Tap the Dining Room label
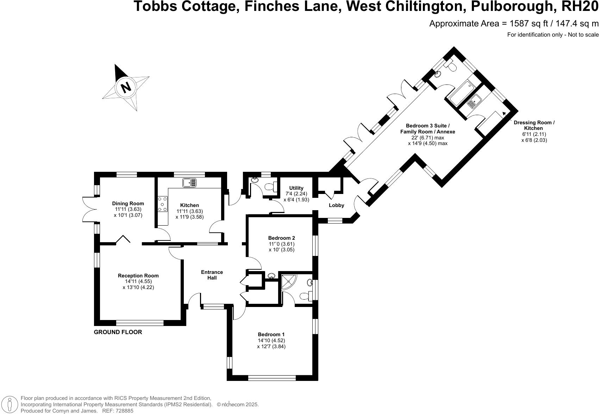click(x=128, y=203)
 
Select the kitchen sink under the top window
click(x=190, y=183)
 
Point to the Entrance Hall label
click(x=212, y=275)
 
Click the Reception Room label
click(x=138, y=276)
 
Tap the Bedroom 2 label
click(x=281, y=238)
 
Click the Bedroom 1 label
click(x=271, y=334)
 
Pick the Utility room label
click(x=296, y=188)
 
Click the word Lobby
click(x=336, y=205)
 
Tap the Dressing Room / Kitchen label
click(x=534, y=125)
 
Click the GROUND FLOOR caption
click(x=118, y=332)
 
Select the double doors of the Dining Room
click(x=89, y=209)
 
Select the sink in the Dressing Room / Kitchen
click(x=474, y=102)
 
